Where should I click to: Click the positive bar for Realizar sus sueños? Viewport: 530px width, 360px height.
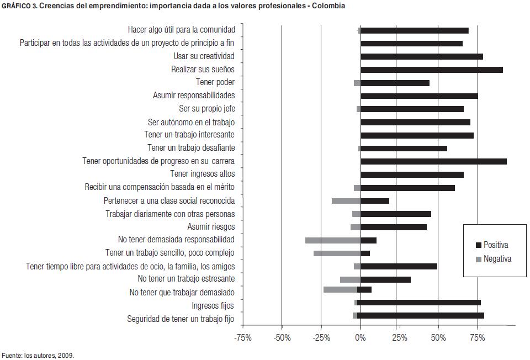[431, 70]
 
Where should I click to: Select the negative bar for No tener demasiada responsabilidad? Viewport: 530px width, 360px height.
[333, 240]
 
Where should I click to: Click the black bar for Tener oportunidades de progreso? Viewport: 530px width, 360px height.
[433, 161]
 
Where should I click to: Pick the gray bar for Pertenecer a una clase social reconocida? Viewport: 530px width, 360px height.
[346, 201]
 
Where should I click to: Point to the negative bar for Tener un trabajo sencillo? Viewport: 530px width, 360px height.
[337, 253]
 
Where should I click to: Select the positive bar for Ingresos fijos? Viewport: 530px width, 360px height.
[419, 302]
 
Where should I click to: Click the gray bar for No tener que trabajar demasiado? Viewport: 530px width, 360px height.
[340, 289]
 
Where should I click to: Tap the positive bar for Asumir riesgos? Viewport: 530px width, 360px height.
[394, 227]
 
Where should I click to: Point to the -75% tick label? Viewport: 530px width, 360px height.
[242, 337]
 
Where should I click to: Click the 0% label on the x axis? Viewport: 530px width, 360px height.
[360, 337]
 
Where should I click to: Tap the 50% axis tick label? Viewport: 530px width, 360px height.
[438, 337]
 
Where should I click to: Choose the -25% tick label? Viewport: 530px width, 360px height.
[321, 337]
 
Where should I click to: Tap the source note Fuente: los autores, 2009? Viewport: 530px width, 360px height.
[38, 355]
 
